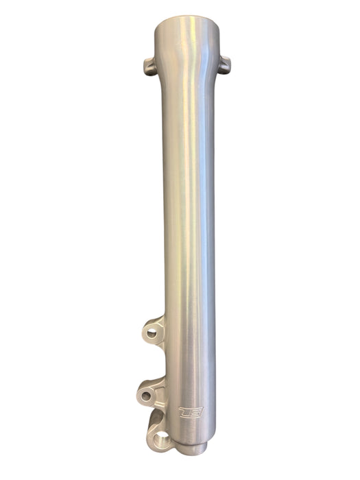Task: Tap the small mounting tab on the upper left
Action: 147,67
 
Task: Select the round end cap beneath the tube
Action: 194,448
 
